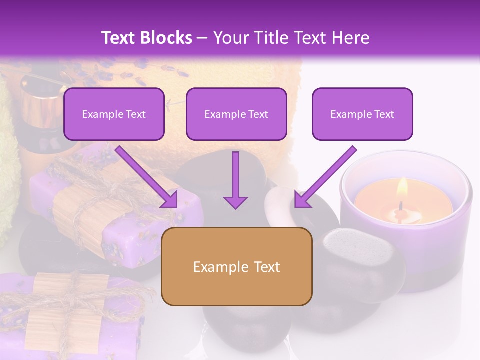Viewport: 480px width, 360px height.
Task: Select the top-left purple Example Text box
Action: (x=114, y=114)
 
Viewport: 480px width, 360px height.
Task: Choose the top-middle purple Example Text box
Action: (x=236, y=114)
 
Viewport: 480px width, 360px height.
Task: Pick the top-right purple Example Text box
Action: (x=362, y=114)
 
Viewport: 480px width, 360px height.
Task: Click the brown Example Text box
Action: (x=236, y=266)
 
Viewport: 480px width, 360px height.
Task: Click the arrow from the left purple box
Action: (x=148, y=177)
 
